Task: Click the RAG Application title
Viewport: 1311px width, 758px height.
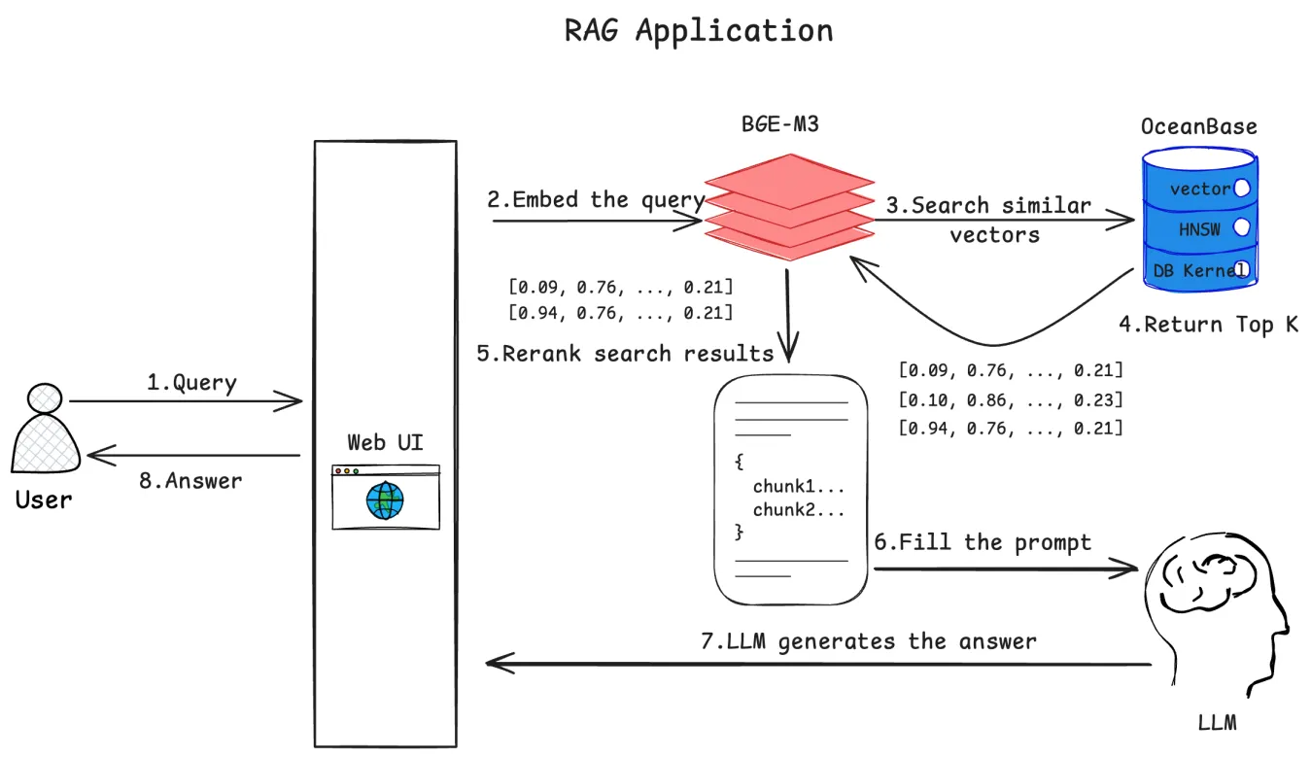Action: coord(698,30)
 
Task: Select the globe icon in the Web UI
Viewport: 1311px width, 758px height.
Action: coord(385,501)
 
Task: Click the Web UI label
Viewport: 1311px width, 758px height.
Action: coord(385,443)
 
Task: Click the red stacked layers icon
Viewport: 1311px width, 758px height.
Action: coord(788,206)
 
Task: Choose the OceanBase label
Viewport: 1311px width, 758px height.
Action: coord(1198,127)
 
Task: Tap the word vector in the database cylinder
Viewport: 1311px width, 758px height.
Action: coord(1200,189)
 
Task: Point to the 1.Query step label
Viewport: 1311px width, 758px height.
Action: coord(191,383)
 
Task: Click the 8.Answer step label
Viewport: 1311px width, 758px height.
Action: coord(190,480)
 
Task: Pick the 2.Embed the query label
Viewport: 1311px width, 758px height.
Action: coord(596,200)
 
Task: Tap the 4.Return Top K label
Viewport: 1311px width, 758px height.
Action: coord(1208,325)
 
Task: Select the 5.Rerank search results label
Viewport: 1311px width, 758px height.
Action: coord(625,353)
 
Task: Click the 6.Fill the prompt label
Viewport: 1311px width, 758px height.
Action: coord(983,542)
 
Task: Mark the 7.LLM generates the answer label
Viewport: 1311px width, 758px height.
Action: coord(868,641)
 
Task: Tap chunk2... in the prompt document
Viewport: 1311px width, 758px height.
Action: coord(798,511)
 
